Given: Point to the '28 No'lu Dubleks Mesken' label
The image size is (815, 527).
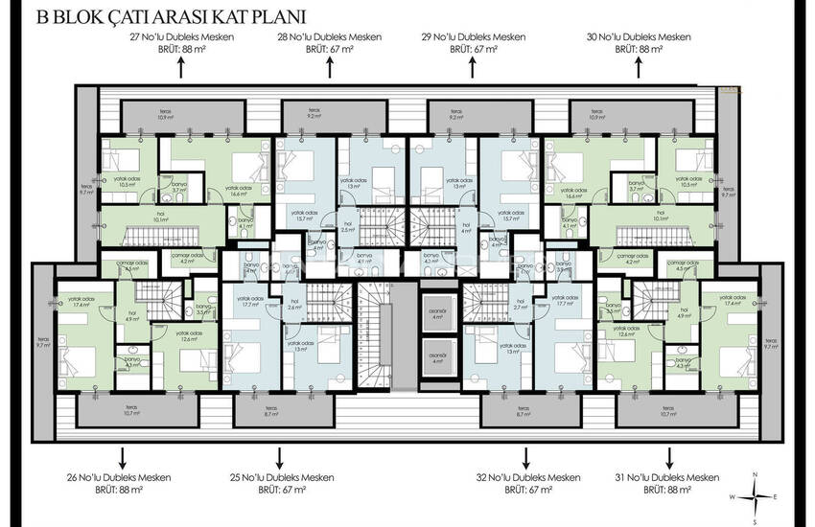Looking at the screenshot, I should [330, 36].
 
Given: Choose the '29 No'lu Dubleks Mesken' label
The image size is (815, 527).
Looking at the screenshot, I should [475, 36].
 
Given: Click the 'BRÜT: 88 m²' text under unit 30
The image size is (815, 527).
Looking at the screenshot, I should [639, 48].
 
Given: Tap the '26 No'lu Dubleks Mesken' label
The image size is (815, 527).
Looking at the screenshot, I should [112, 476].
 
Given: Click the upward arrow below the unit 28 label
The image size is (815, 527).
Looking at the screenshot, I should [330, 67].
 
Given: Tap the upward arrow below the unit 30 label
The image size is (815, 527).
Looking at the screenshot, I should [639, 67].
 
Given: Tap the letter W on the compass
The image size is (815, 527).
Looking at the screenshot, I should [732, 496].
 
